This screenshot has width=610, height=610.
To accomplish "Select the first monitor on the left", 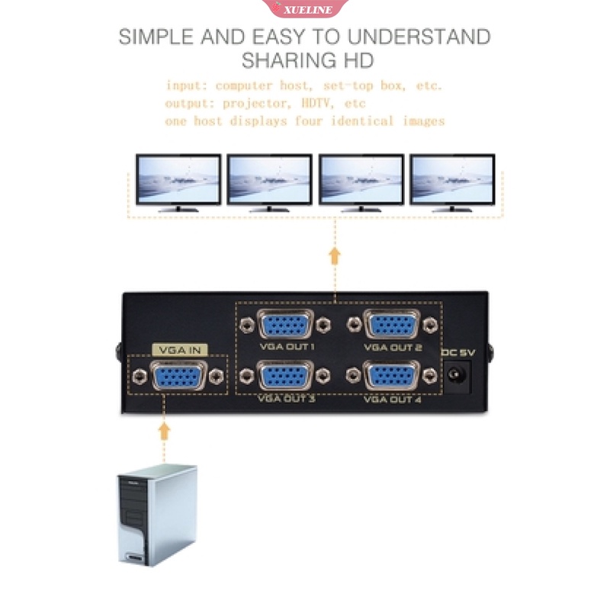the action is (x=178, y=182).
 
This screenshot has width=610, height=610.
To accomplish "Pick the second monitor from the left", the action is (x=269, y=182).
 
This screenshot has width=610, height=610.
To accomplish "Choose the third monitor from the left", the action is (x=361, y=182).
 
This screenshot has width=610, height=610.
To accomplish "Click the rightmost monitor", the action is (x=452, y=182).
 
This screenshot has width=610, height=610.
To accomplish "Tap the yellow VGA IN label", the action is (x=179, y=349).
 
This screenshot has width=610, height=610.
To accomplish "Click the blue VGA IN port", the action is (x=179, y=376).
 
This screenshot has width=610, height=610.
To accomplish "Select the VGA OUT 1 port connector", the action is (x=285, y=326).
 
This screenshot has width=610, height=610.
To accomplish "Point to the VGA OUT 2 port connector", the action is (x=392, y=326).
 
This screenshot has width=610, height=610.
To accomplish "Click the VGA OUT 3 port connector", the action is (x=285, y=376).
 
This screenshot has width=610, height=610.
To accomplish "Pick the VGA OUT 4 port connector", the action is (x=392, y=376).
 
